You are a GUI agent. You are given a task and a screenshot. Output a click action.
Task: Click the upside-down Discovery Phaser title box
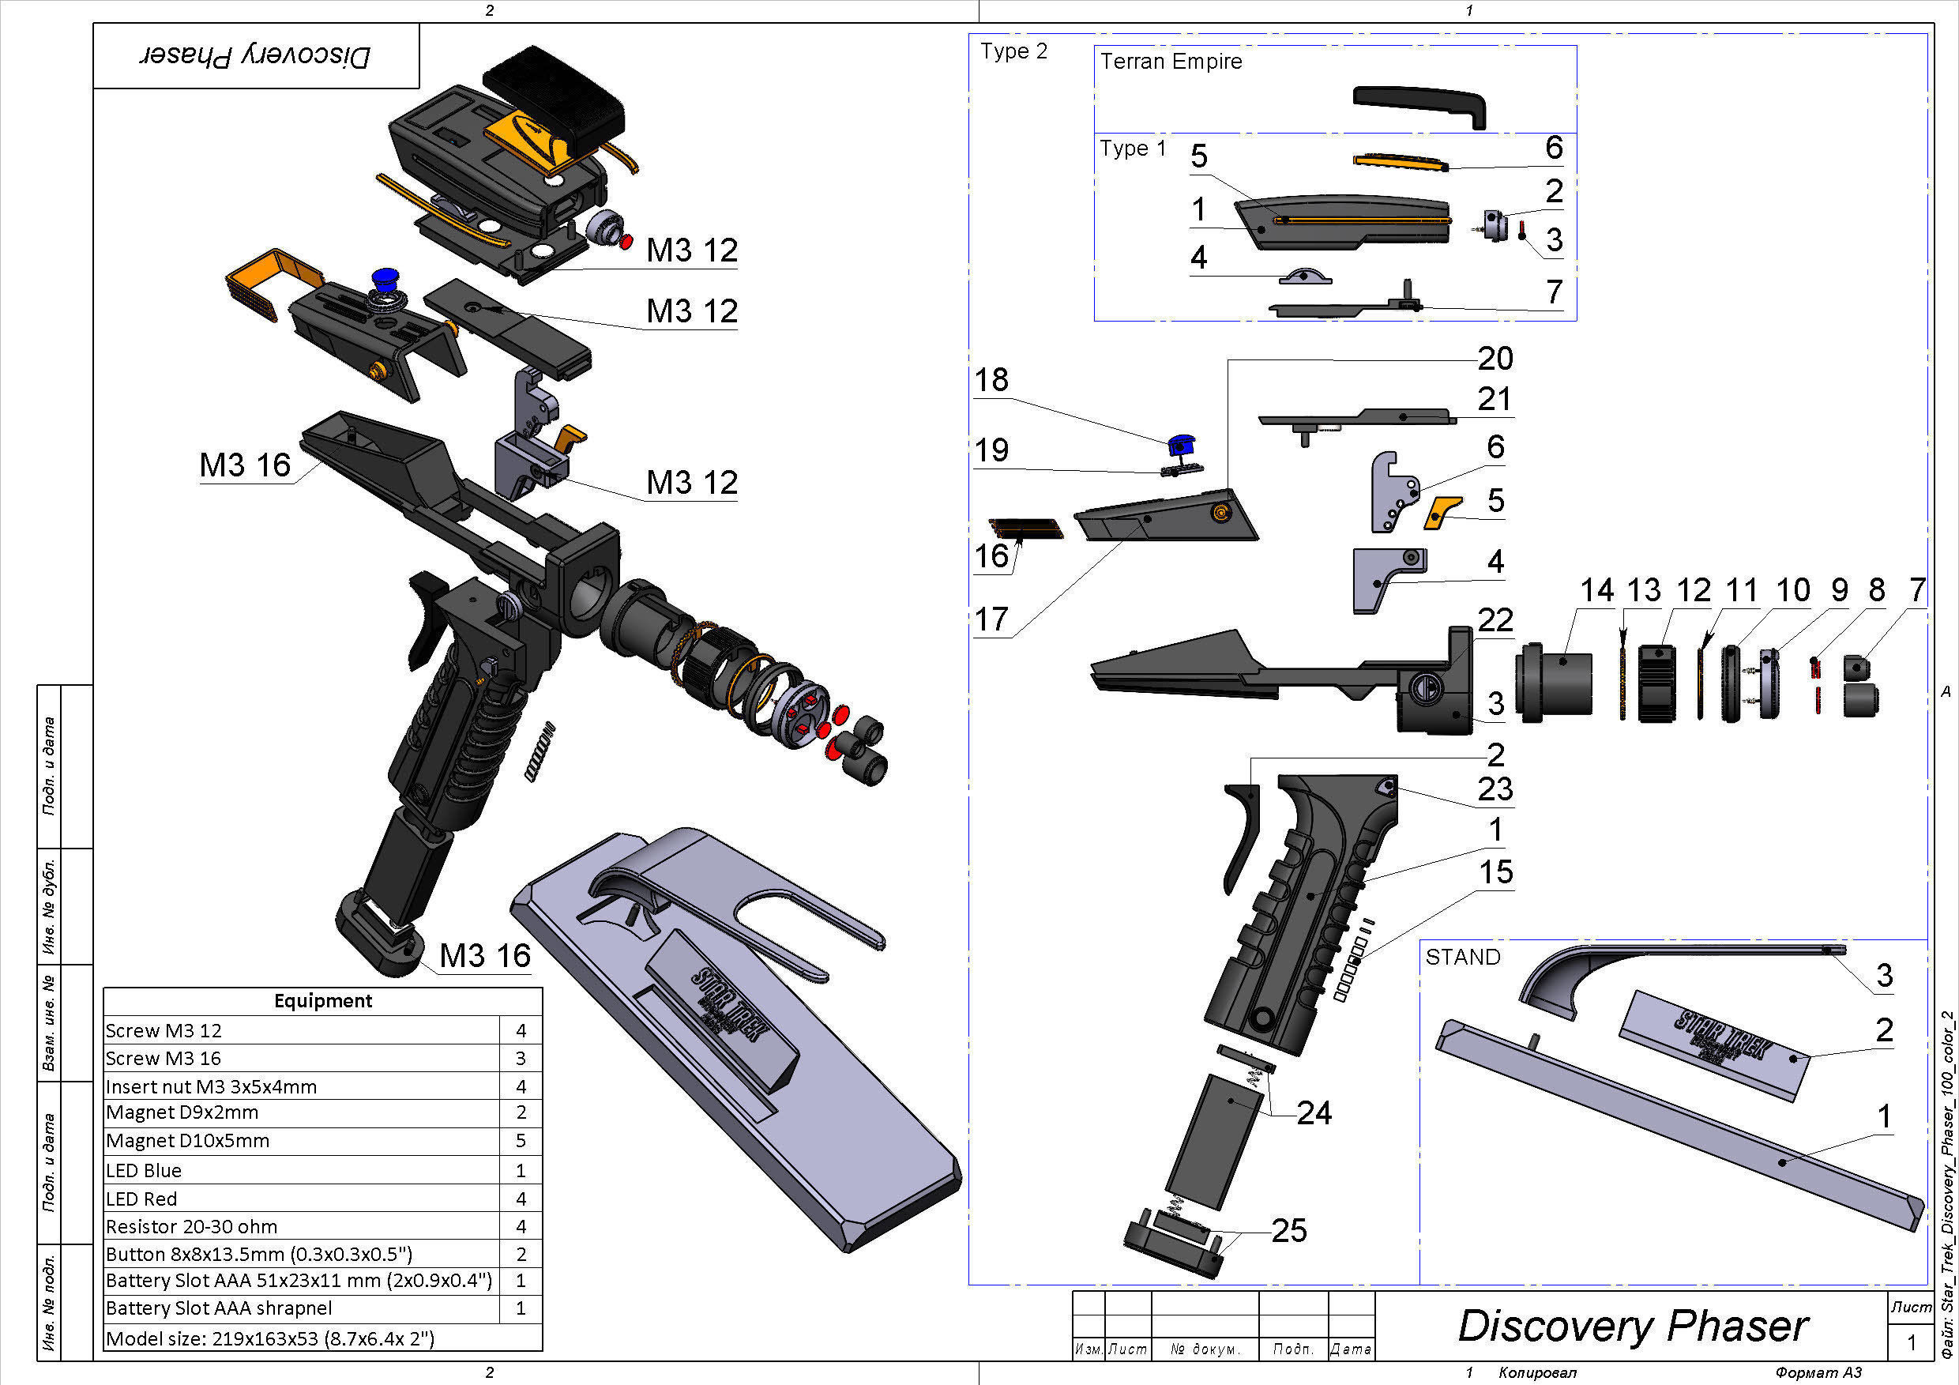[x=256, y=55]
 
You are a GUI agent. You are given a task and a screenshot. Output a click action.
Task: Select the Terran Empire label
[x=1171, y=62]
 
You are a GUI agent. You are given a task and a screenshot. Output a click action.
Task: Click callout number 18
[x=991, y=380]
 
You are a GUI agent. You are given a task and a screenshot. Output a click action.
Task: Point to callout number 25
[x=1288, y=1231]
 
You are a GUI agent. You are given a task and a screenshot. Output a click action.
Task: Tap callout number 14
[x=1596, y=589]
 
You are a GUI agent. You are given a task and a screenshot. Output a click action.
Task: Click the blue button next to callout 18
[x=1181, y=445]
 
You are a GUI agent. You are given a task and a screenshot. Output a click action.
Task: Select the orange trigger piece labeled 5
[x=1442, y=512]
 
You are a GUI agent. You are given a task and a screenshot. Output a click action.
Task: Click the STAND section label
[x=1462, y=958]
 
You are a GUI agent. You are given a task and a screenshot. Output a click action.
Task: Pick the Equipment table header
[x=322, y=1000]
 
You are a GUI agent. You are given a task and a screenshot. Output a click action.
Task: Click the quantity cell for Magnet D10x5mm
[x=521, y=1141]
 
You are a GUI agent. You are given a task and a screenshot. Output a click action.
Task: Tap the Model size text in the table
[x=269, y=1338]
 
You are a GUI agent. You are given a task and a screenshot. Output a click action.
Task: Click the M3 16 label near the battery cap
[x=485, y=956]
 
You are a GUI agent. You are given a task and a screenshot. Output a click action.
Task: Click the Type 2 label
[x=1013, y=51]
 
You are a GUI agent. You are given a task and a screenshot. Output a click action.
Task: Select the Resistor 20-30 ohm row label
[x=191, y=1226]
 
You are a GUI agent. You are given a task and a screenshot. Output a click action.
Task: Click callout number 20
[x=1495, y=359]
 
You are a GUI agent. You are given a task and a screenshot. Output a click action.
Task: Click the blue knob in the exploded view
[x=385, y=279]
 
